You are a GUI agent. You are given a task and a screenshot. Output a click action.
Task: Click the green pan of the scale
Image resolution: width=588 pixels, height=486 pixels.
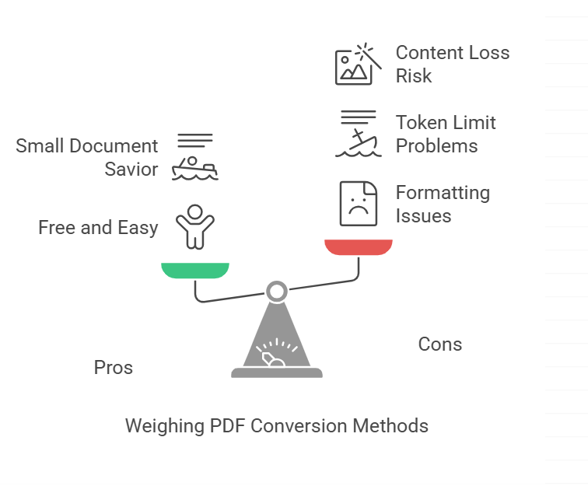[195, 270]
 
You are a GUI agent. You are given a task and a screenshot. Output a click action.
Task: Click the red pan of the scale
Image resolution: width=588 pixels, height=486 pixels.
[359, 246]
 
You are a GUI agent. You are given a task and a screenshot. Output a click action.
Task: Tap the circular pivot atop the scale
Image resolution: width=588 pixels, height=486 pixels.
[276, 292]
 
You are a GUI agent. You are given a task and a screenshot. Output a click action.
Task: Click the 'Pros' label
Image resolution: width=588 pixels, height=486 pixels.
[114, 368]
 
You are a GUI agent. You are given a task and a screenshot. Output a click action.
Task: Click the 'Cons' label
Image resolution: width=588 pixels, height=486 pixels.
[440, 344]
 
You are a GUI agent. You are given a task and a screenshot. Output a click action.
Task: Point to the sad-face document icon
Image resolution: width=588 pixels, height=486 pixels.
[358, 203]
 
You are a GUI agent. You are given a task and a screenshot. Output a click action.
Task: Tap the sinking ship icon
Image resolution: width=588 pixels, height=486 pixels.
[358, 134]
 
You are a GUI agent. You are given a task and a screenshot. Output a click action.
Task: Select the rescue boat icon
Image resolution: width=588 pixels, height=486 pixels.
[195, 157]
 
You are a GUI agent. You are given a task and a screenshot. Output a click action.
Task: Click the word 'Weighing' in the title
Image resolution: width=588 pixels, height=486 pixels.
[162, 426]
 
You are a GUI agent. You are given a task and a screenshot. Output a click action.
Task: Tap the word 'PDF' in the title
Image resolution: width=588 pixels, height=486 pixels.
[225, 426]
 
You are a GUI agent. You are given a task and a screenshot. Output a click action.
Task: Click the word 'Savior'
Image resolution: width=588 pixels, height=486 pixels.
[131, 170]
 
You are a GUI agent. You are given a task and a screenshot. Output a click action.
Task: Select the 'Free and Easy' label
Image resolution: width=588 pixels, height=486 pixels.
[98, 228]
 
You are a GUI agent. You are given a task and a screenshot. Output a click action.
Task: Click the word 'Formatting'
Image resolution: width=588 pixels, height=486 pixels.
[443, 193]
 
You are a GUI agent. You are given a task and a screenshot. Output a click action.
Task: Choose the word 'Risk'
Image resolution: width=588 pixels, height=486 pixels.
[414, 76]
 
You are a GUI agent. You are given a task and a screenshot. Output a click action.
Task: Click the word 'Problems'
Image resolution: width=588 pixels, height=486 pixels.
[436, 146]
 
